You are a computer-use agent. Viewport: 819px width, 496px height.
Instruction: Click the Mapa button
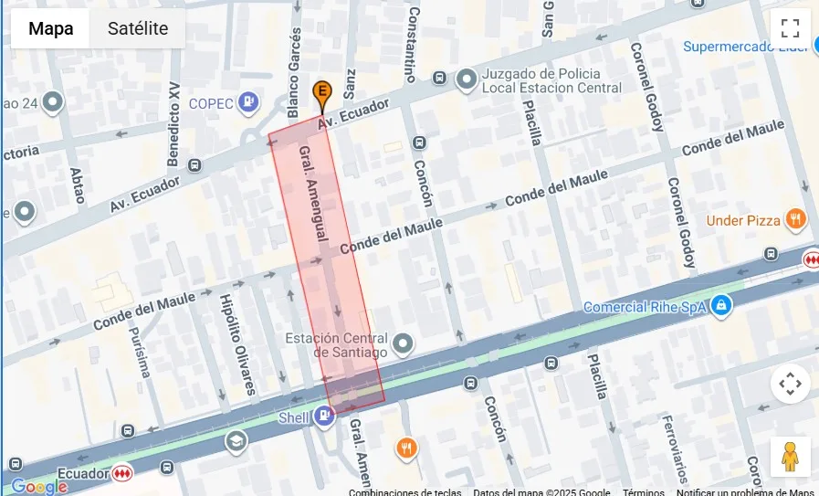point(50,28)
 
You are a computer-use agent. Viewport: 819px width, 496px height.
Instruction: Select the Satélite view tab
point(138,28)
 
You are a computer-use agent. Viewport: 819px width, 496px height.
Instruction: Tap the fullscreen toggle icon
point(790,28)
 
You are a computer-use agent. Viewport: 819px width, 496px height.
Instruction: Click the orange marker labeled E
point(321,92)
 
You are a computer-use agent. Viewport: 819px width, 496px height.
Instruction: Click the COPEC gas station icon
point(247,103)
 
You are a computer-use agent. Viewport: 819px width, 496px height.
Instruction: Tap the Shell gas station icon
point(323,417)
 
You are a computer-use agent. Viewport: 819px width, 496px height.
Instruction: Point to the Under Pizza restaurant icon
point(796,219)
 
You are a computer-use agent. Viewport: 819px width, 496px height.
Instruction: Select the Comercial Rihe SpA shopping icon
point(721,305)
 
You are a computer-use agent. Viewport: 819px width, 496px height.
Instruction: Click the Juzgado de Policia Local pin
point(467,80)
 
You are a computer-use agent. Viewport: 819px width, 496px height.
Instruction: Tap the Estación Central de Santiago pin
point(403,343)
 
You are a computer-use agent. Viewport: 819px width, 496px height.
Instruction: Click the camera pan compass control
point(790,384)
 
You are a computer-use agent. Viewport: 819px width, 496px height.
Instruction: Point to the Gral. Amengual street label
point(313,194)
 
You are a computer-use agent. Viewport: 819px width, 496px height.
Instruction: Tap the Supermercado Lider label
point(745,47)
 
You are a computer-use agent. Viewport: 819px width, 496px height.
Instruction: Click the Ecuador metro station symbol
point(122,473)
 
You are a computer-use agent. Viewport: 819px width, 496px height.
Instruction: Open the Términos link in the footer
point(643,491)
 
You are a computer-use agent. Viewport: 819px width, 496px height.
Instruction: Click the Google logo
point(37,487)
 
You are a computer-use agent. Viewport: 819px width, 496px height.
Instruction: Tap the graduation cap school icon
point(236,442)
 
